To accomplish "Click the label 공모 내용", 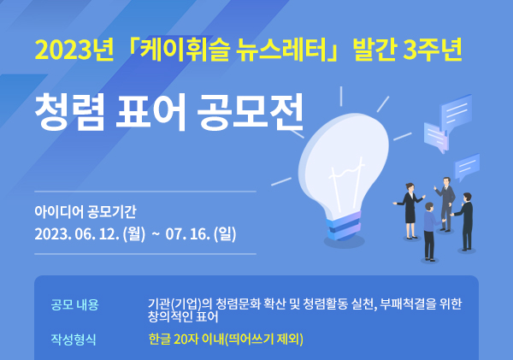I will click(75, 304).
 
